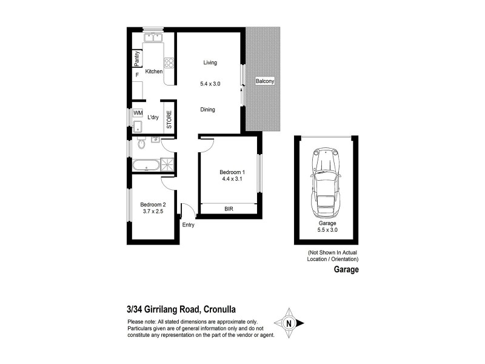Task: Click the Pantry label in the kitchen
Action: click(x=138, y=58)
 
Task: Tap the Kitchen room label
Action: click(x=154, y=72)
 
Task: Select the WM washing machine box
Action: click(x=138, y=113)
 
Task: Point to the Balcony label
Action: click(x=265, y=81)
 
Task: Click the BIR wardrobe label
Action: click(x=229, y=209)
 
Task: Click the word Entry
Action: click(x=189, y=225)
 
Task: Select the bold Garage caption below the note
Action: click(x=346, y=271)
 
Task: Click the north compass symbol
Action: click(x=290, y=323)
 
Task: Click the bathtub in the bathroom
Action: click(x=145, y=164)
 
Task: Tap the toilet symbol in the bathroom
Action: click(x=141, y=145)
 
